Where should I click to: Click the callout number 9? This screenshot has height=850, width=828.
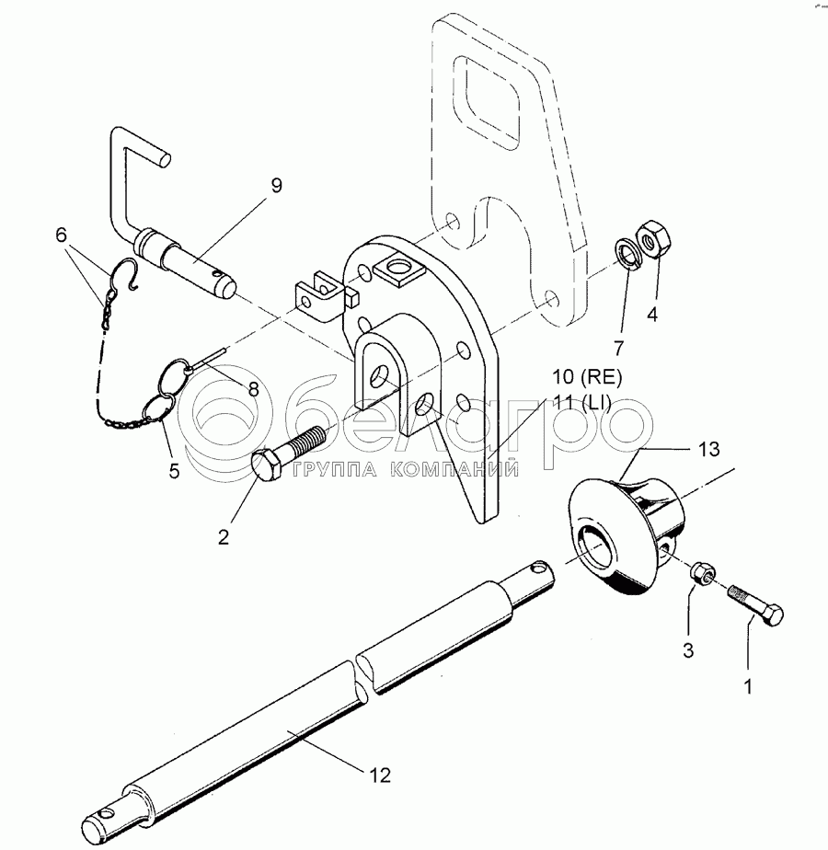coord(276,186)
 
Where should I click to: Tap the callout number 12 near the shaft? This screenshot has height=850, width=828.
coord(381,775)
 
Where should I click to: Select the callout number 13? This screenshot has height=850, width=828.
coord(709,450)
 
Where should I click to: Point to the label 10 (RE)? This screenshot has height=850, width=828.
coord(587,377)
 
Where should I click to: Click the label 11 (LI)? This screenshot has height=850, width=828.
coord(581,402)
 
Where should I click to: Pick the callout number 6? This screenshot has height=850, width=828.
coord(61,235)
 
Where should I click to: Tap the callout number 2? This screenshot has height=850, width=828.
coord(224,537)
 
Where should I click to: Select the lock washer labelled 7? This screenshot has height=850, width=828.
coord(628,254)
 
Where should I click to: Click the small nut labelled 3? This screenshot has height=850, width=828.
coord(702,573)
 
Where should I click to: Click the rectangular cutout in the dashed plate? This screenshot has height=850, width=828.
coord(487,102)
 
